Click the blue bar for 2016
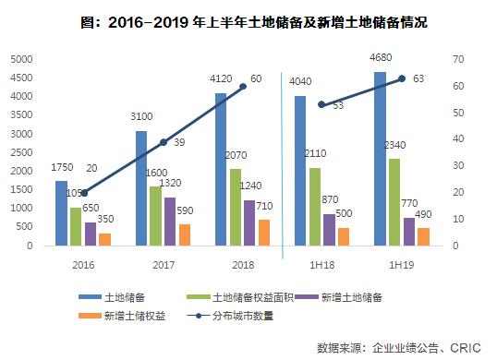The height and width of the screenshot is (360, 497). tap(61, 213)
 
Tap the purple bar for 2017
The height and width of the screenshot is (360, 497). tap(169, 222)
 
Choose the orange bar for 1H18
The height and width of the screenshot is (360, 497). tap(344, 236)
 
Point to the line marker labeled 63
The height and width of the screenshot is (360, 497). tap(402, 78)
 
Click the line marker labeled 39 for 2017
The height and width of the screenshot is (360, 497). tap(163, 142)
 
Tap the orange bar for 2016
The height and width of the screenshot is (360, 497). tap(104, 240)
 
